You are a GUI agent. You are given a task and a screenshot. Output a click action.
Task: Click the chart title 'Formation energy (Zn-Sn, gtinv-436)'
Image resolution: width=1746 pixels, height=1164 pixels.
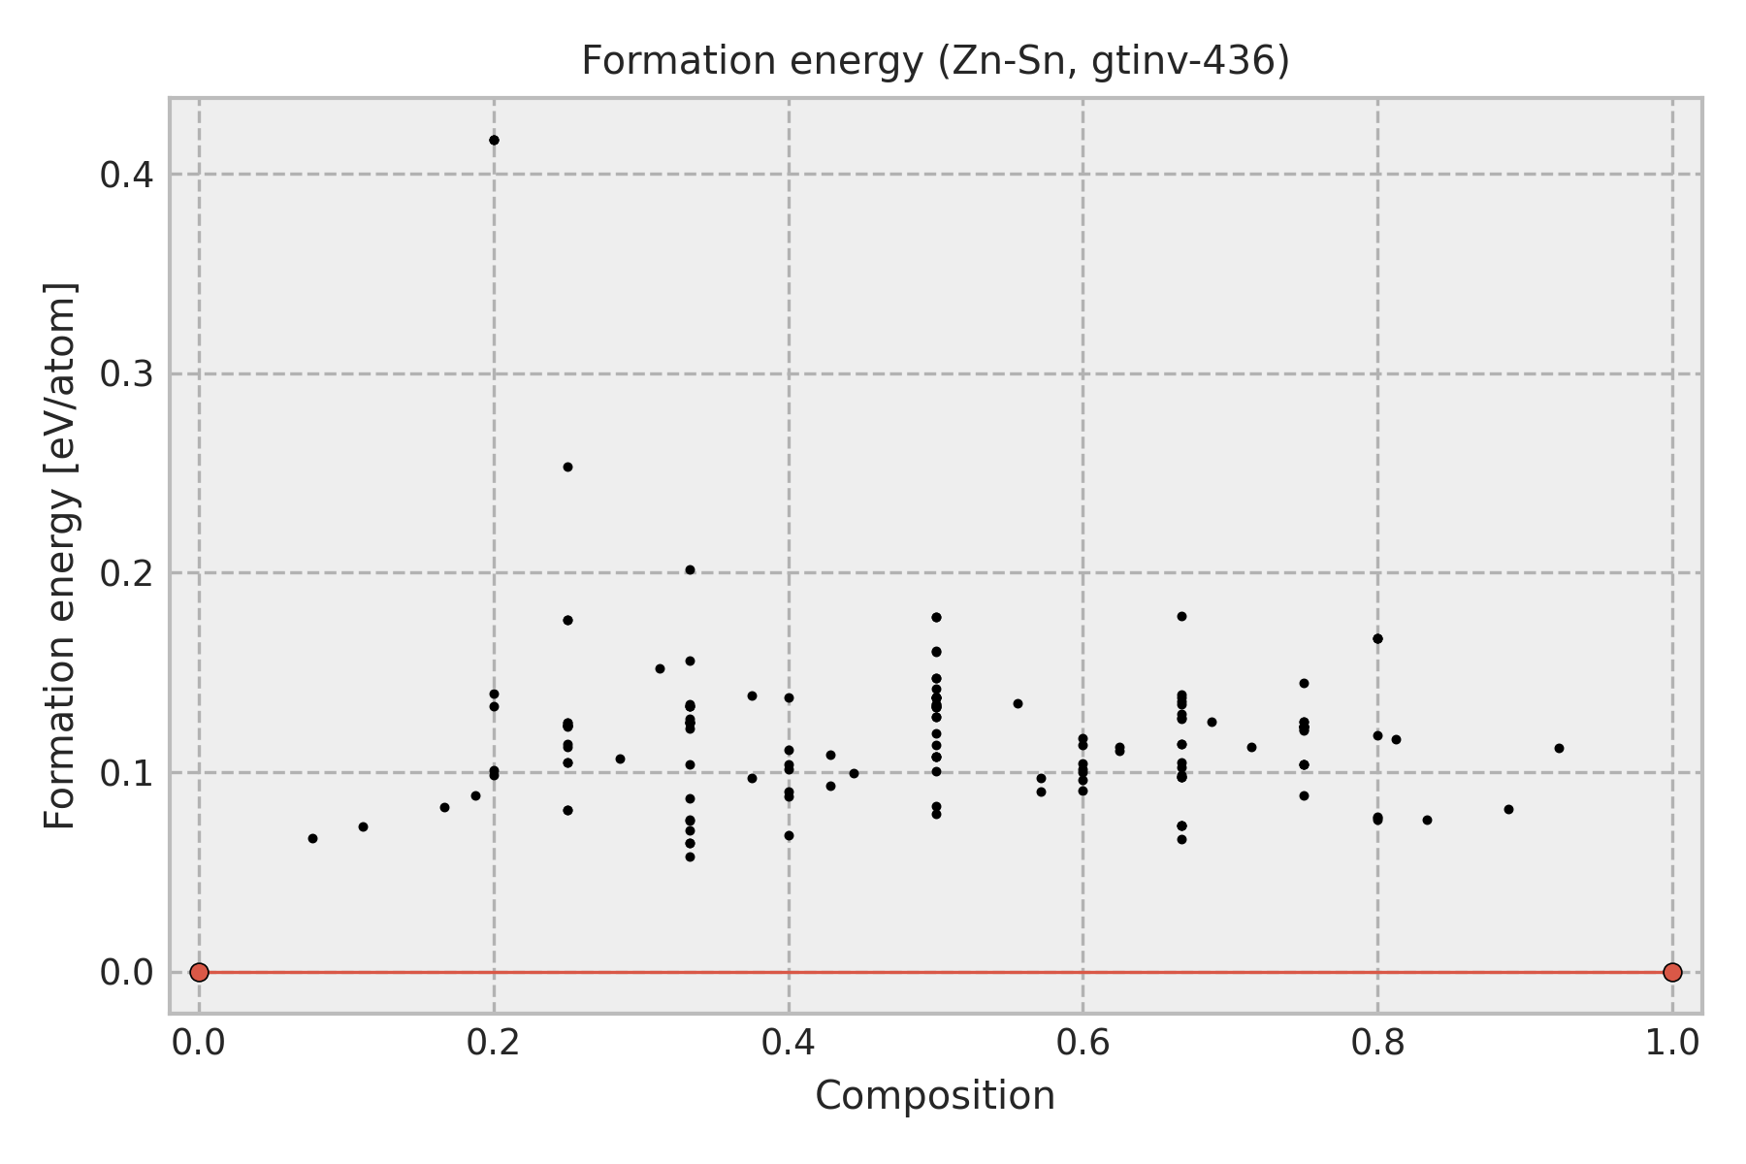(x=935, y=62)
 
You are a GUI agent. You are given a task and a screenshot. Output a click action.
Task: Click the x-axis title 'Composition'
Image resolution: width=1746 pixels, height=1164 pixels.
(x=935, y=1096)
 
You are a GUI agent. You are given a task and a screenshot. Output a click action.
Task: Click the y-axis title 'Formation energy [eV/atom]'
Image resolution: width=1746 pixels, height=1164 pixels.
(x=61, y=556)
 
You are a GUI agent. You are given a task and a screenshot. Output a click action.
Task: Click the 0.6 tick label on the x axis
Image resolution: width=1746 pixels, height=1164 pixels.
(x=1083, y=1043)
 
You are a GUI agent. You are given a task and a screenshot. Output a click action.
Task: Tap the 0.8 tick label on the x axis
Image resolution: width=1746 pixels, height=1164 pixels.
(x=1377, y=1043)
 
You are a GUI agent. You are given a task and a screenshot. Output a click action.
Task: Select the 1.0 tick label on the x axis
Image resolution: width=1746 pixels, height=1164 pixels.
(x=1672, y=1043)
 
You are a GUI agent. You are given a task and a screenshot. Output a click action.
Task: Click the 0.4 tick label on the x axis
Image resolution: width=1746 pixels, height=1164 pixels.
(x=789, y=1043)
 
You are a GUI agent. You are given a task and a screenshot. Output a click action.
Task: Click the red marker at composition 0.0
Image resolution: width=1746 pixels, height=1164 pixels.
(x=199, y=972)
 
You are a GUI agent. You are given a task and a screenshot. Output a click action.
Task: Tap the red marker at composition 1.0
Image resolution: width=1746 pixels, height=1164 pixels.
(x=1672, y=972)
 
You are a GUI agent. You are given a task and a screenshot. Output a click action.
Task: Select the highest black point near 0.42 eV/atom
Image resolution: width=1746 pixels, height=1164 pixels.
(x=494, y=140)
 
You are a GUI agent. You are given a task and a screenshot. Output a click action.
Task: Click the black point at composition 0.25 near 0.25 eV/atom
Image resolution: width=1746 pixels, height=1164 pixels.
(x=567, y=467)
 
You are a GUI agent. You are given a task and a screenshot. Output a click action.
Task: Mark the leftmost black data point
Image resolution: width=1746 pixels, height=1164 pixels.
(x=312, y=838)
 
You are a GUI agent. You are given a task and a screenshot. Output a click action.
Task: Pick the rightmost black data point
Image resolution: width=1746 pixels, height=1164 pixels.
(x=1559, y=748)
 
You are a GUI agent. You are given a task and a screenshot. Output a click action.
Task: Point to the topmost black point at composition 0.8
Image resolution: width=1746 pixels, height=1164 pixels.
(x=1377, y=638)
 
